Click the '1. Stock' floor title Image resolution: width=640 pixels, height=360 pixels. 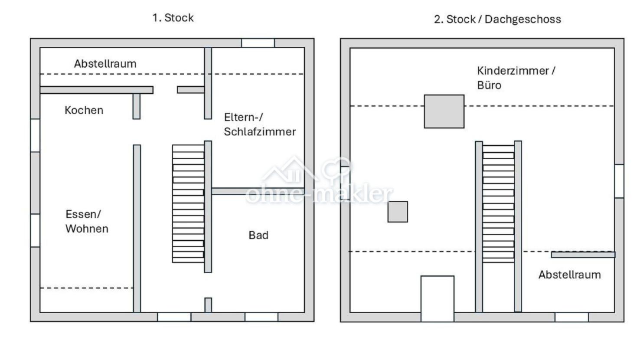point(173,18)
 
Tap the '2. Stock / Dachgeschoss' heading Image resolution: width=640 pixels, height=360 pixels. point(497,19)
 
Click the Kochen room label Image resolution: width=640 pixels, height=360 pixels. point(84,110)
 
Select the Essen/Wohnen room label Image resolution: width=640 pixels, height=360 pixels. point(87,222)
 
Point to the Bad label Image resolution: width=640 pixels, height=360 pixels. point(258,235)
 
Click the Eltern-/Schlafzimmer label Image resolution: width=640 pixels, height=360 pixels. point(260,124)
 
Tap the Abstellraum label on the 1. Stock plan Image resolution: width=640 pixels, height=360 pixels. point(105,63)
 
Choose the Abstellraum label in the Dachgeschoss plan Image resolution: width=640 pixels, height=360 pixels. point(570,275)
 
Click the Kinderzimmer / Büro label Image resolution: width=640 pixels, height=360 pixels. point(516,78)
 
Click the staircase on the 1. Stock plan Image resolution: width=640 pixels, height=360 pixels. point(188,204)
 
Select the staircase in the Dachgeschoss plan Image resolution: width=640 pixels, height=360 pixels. point(499,204)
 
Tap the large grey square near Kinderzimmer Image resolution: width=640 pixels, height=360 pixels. point(444,111)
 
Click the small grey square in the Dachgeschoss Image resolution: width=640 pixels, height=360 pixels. point(398,212)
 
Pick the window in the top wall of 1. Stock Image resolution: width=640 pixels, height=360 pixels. point(258,43)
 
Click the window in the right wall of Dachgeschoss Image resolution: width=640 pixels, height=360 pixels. point(619,181)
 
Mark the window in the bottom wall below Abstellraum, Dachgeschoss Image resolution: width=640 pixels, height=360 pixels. point(572,317)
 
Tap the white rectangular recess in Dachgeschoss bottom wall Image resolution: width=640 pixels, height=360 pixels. point(438,299)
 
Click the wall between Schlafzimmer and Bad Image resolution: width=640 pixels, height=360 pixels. point(258,191)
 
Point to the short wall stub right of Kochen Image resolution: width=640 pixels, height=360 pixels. point(137,106)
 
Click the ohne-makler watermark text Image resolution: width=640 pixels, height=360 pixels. point(319,194)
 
